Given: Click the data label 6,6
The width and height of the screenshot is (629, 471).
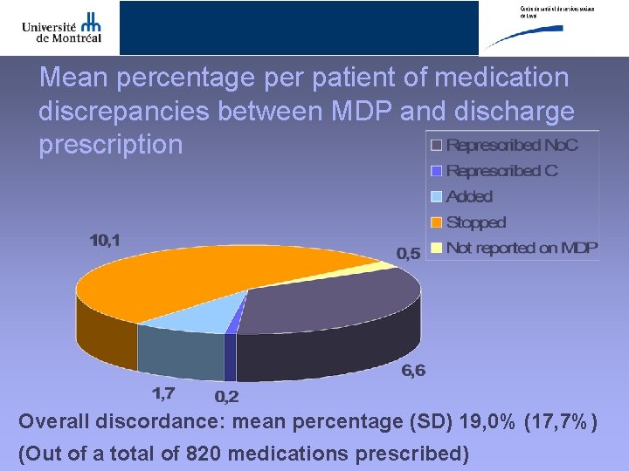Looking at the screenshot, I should (413, 371).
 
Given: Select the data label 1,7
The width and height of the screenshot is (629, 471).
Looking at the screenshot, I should (164, 394).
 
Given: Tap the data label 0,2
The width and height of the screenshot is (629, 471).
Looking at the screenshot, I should (226, 397).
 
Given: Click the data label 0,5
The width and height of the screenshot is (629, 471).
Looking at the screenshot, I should (408, 254).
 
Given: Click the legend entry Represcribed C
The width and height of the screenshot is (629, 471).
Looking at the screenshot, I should (501, 171).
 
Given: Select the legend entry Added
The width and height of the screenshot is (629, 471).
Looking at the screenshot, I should (469, 197).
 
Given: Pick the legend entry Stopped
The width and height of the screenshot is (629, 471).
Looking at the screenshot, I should (475, 222).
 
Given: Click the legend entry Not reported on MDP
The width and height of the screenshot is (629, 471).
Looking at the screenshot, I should (521, 248).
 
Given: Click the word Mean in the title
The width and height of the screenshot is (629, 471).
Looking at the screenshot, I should (73, 78).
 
